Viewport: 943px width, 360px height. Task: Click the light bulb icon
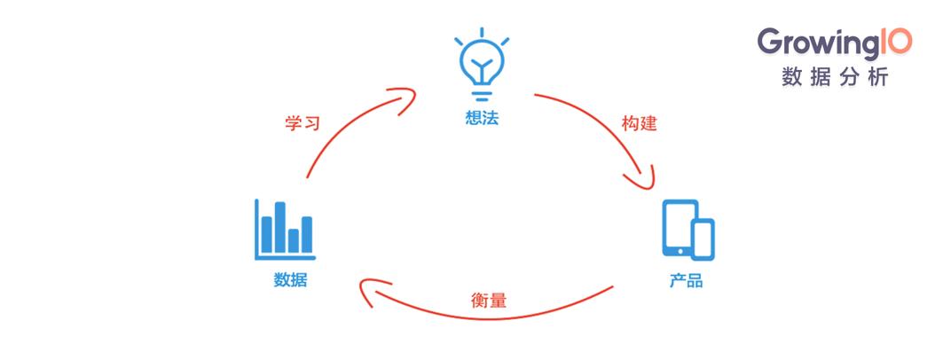point(482,65)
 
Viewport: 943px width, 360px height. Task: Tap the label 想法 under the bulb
point(482,117)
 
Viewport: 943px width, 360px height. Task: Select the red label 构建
point(640,124)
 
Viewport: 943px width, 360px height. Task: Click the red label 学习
point(302,123)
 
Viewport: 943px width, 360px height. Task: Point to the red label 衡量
point(488,300)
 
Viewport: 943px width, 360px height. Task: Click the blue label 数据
point(290,279)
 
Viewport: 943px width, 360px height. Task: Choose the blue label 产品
point(687,281)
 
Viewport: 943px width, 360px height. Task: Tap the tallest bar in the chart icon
point(279,227)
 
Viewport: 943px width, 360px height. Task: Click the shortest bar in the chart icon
point(294,240)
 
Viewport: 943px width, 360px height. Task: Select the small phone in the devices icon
point(703,239)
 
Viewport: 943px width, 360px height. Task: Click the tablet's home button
point(680,251)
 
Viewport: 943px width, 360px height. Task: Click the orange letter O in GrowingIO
point(900,42)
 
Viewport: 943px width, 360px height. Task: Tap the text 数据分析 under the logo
point(835,77)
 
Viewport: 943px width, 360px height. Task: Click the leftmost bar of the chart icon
point(266,234)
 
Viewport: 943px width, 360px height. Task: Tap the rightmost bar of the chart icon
point(307,234)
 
